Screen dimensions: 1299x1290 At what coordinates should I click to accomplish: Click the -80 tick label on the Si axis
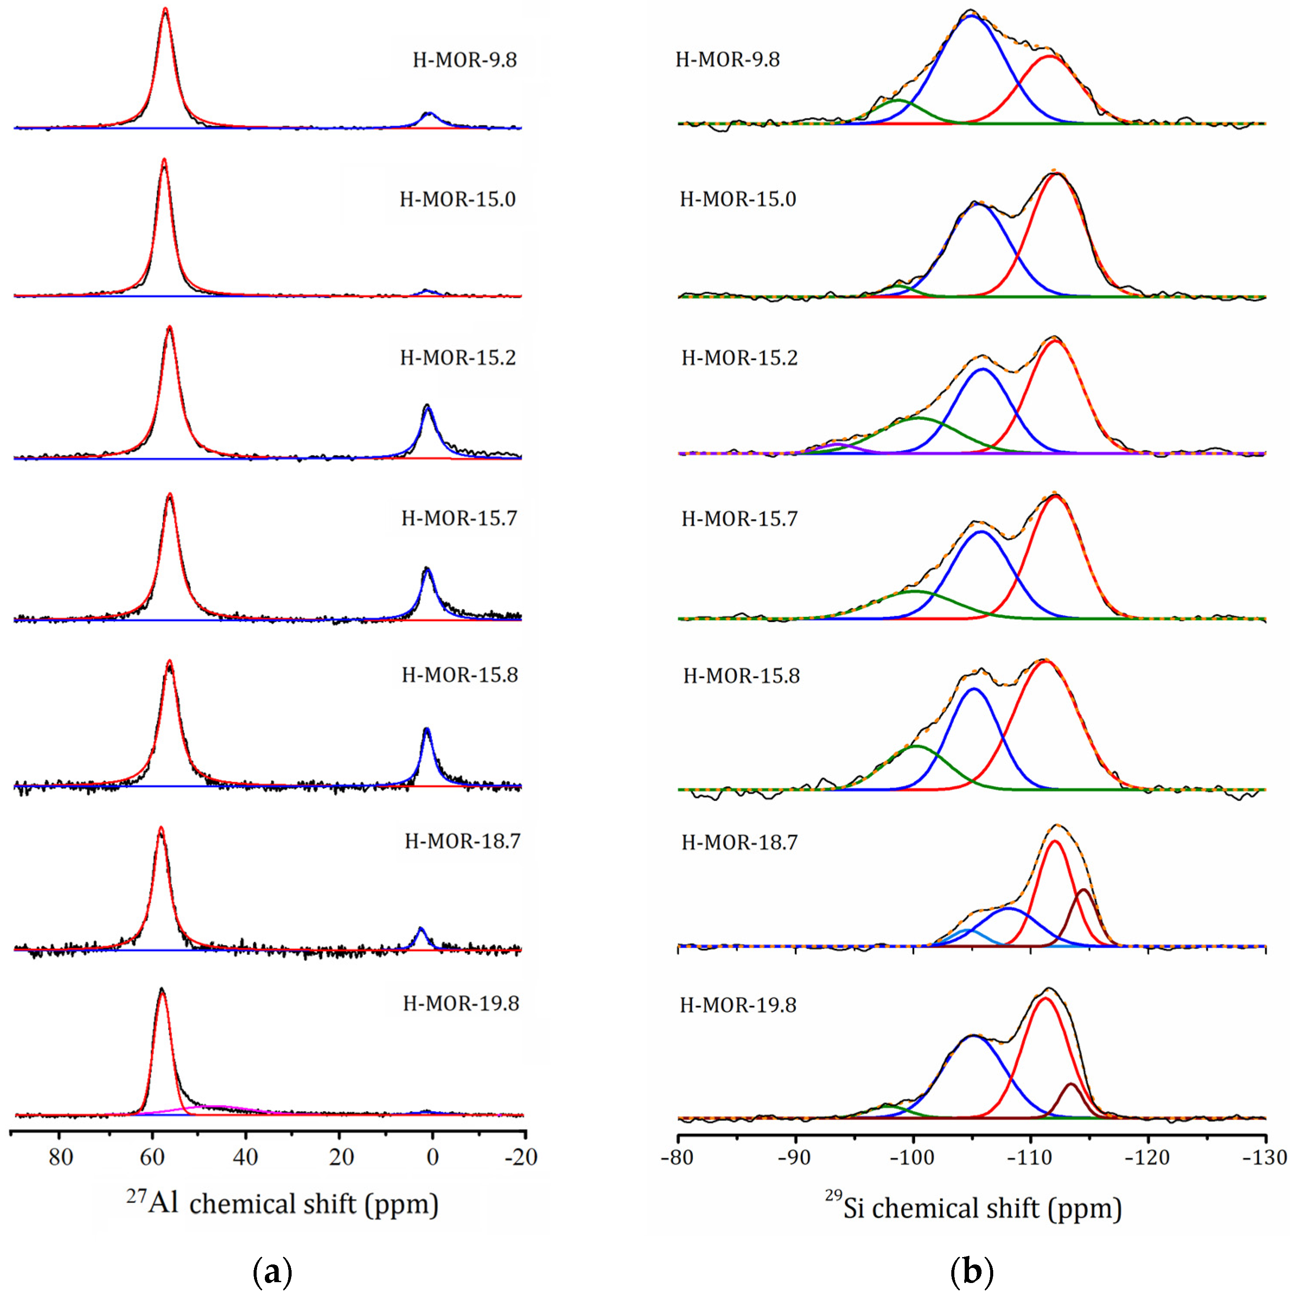click(679, 1157)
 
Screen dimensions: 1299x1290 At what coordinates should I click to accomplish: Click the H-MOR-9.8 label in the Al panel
click(464, 60)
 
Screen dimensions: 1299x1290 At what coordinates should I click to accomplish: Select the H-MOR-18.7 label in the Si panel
click(740, 842)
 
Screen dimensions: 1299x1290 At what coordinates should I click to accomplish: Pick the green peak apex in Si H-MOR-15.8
click(915, 746)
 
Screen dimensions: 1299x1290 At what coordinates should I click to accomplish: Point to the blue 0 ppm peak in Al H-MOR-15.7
click(427, 572)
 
